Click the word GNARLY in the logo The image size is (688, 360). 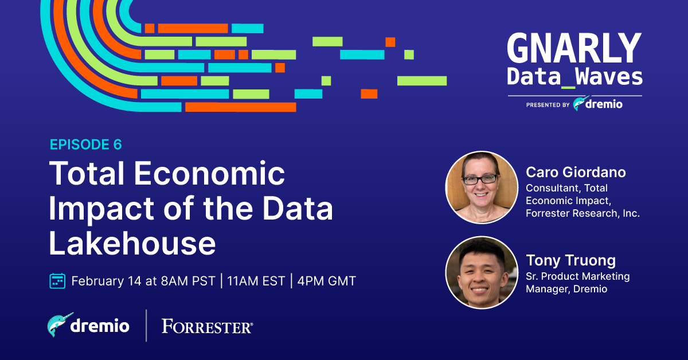click(x=574, y=48)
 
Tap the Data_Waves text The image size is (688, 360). click(x=574, y=77)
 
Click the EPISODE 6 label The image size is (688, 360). click(x=85, y=144)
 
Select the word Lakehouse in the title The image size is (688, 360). click(x=132, y=243)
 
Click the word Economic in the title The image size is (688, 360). click(x=209, y=173)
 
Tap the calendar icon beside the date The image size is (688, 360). click(x=57, y=281)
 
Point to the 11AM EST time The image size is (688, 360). click(x=256, y=281)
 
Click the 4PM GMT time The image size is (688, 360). click(x=326, y=281)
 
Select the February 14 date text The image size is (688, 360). click(x=106, y=281)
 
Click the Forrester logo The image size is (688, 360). click(x=208, y=326)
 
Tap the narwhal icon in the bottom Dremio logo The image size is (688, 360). click(x=60, y=324)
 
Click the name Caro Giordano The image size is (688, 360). click(x=576, y=172)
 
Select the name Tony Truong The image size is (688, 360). click(x=570, y=260)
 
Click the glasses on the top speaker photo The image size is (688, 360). click(x=480, y=179)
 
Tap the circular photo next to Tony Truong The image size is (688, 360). click(x=482, y=272)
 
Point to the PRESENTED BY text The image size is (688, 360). click(x=548, y=105)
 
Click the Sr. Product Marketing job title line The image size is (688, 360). click(x=578, y=276)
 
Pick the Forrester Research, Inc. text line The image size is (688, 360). click(x=583, y=213)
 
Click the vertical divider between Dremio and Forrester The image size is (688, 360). click(x=146, y=326)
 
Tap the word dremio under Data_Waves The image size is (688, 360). click(x=604, y=104)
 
